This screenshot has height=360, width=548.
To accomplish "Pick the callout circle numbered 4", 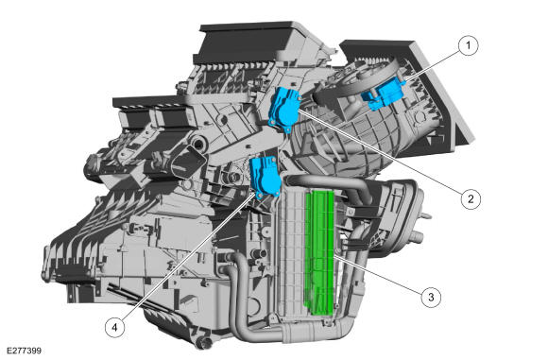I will pos(113,327).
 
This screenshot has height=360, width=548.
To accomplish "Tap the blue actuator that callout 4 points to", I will pos(265,176).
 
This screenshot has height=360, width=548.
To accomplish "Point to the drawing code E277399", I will pos(23,351).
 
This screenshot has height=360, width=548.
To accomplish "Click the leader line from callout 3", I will pos(378,274).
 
